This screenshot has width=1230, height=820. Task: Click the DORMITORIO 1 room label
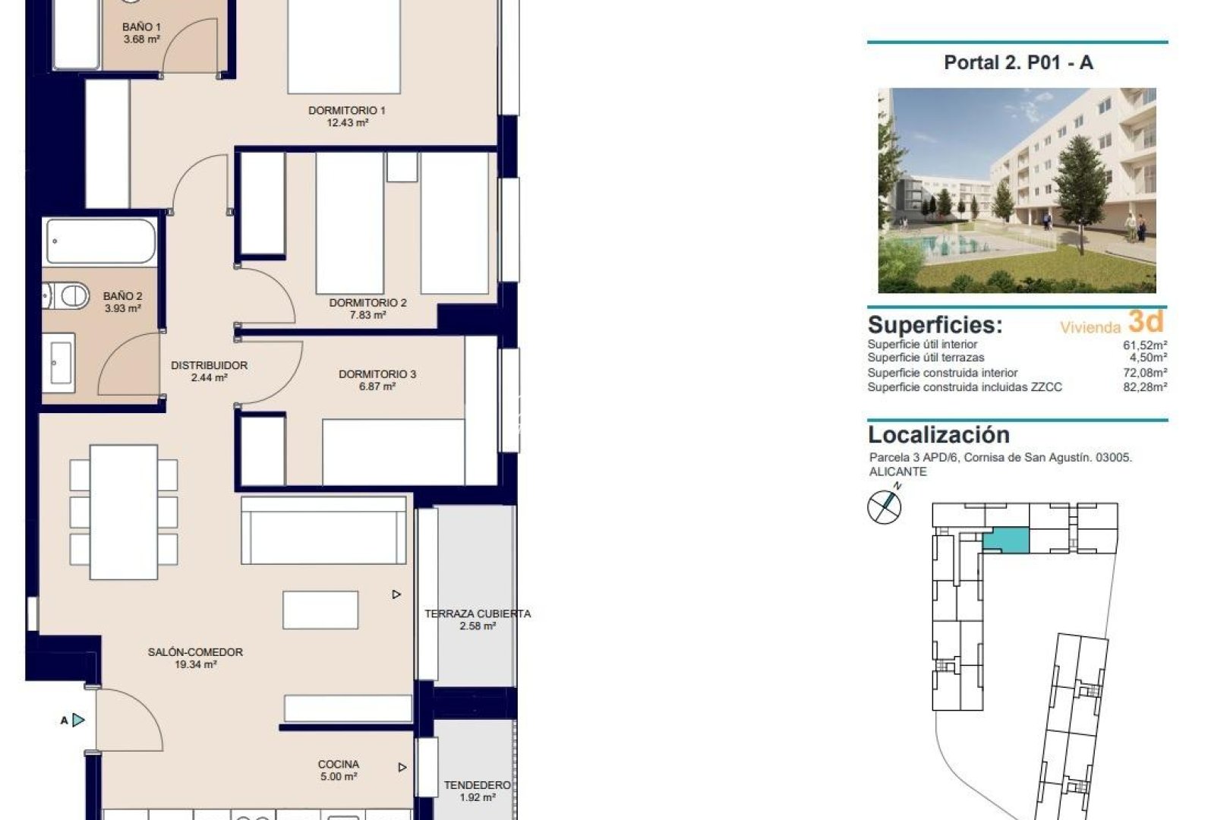346,111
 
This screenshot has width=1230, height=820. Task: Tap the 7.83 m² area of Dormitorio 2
367,315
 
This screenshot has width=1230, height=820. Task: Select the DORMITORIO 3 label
377,374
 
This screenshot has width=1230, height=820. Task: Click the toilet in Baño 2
66,296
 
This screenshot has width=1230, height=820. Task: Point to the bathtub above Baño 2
99,241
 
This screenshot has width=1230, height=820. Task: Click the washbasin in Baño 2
59,362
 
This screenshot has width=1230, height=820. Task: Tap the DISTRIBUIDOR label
209,365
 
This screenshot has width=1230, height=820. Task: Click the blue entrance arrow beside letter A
78,720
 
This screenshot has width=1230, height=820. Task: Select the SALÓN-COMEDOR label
195,652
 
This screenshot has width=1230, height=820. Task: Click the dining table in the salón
124,511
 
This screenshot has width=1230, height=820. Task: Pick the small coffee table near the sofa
320,610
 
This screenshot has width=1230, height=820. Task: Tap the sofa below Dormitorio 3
323,530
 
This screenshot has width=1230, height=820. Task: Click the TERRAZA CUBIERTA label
477,613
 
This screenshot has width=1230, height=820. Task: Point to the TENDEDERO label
477,785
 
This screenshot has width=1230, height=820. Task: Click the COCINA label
339,765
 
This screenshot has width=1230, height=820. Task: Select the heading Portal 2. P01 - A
1017,63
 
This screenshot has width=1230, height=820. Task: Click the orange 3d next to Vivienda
1145,322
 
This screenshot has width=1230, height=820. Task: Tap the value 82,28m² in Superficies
1145,387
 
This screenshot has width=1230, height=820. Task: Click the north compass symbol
884,506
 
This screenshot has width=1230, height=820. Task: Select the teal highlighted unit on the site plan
1006,541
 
